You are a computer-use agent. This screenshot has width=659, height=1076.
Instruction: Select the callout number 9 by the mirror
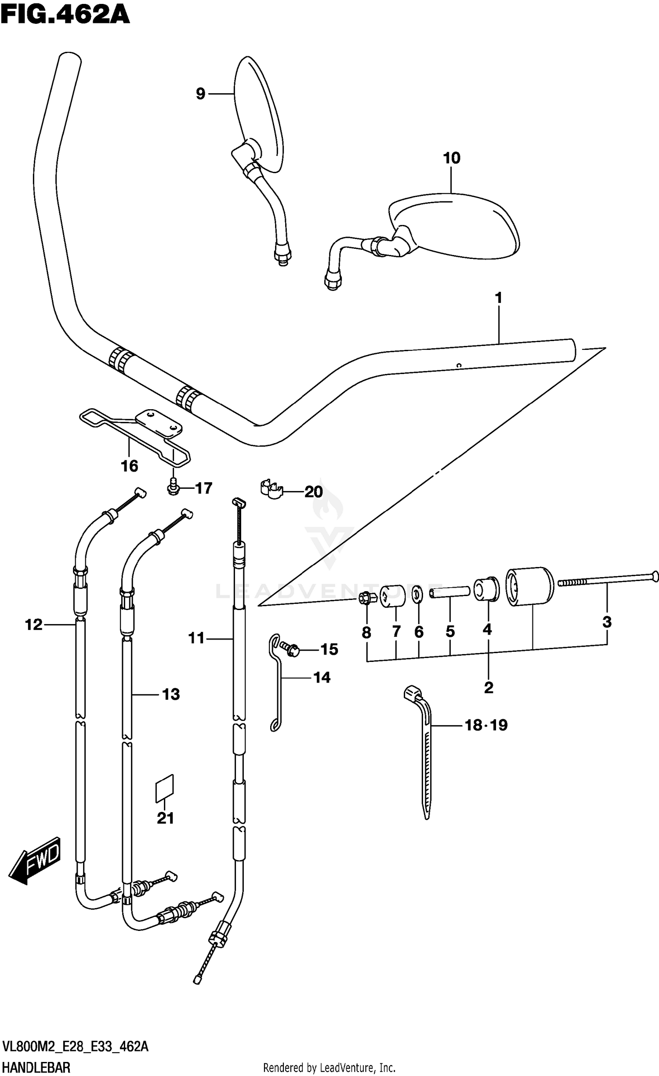pyautogui.click(x=200, y=94)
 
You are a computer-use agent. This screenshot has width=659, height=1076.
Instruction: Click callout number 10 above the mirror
pyautogui.click(x=452, y=158)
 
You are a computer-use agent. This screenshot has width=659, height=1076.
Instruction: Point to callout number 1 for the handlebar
pyautogui.click(x=498, y=298)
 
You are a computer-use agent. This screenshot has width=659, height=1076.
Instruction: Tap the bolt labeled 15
pyautogui.click(x=291, y=649)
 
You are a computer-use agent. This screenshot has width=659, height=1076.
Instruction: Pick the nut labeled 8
pyautogui.click(x=366, y=598)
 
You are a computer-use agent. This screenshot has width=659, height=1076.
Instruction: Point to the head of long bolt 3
pyautogui.click(x=654, y=575)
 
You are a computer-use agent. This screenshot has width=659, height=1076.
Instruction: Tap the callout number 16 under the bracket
pyautogui.click(x=130, y=466)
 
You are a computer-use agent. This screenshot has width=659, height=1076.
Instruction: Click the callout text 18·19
pyautogui.click(x=486, y=725)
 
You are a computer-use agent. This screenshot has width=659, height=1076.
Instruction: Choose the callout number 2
pyautogui.click(x=489, y=687)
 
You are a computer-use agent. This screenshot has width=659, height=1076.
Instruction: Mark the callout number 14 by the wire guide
pyautogui.click(x=322, y=677)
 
